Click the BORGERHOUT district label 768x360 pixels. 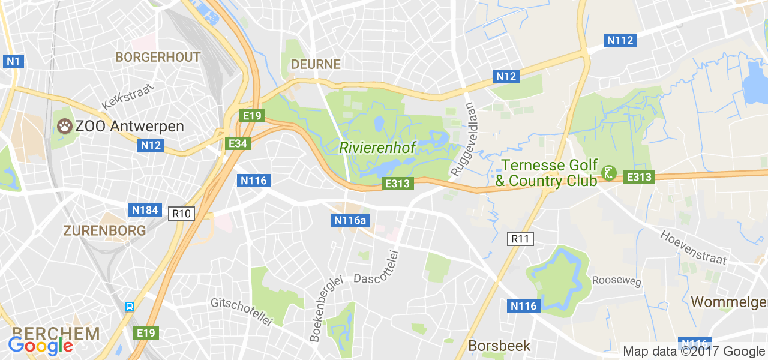[x=158, y=58]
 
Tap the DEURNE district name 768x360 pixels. [x=316, y=64]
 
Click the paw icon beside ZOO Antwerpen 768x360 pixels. [x=64, y=126]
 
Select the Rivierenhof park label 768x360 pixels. [x=377, y=147]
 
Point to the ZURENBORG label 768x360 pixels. [x=104, y=230]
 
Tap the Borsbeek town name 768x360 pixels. [x=499, y=346]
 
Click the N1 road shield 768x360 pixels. [x=13, y=61]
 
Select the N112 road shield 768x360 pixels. [x=620, y=40]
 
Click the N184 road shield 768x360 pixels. [x=145, y=209]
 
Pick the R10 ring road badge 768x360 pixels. [x=181, y=213]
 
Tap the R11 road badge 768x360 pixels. [x=520, y=239]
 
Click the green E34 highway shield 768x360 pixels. [x=238, y=143]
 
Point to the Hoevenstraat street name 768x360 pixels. [x=694, y=247]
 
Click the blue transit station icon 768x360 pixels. [x=129, y=307]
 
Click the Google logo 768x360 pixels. [x=41, y=346]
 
